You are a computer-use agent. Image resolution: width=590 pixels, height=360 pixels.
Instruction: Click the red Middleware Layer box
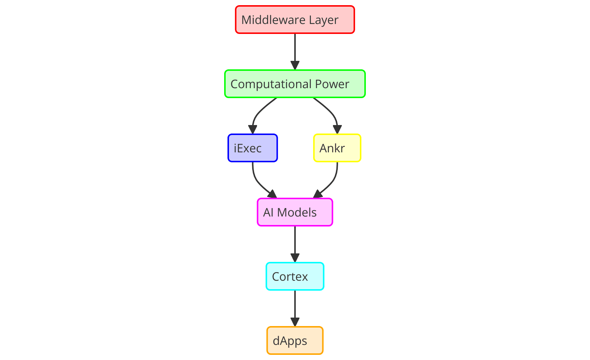(x=295, y=20)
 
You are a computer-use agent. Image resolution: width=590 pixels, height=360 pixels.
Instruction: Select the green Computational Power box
(x=295, y=84)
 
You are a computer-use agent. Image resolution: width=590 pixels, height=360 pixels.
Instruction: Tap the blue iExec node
(x=253, y=148)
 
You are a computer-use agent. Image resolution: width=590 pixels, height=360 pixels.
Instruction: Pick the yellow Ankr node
(x=337, y=148)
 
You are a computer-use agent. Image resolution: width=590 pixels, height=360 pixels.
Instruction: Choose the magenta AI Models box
(x=295, y=212)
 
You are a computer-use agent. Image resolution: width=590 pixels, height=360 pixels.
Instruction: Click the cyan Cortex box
(x=295, y=276)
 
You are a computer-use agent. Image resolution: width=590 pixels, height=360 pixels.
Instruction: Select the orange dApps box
(x=295, y=340)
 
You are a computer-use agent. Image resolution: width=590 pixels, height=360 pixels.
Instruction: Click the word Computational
(x=271, y=84)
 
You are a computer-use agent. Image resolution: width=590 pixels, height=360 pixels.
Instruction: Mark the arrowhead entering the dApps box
(x=295, y=322)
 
